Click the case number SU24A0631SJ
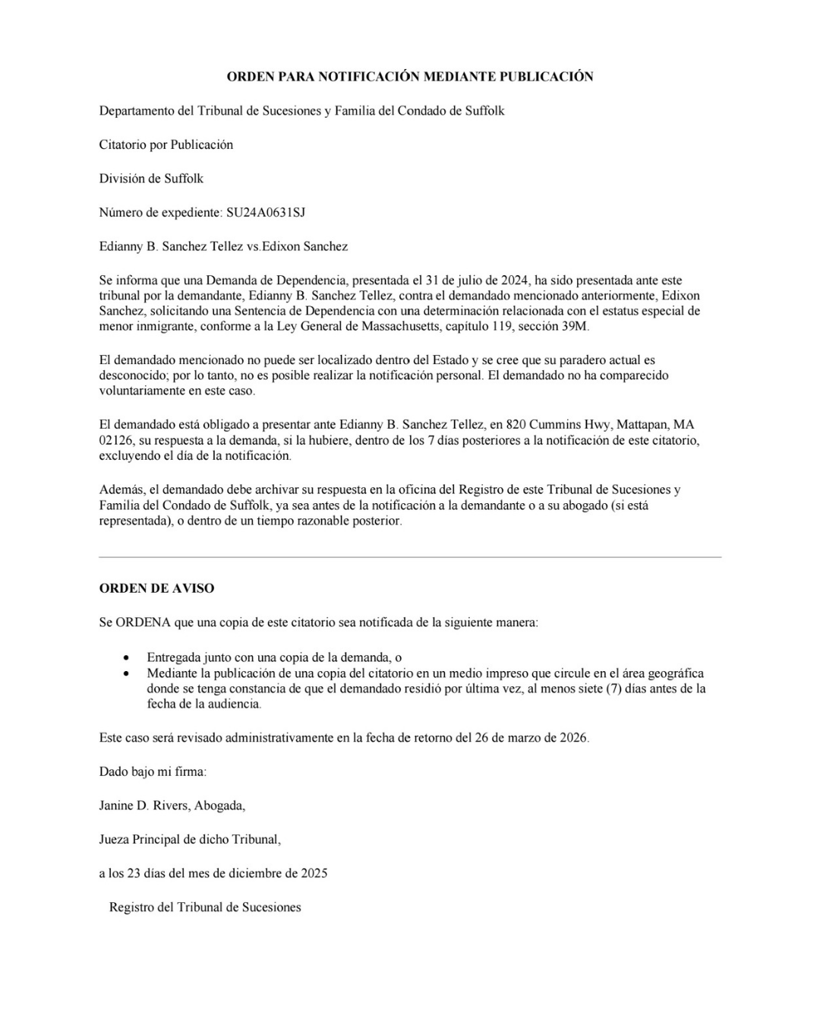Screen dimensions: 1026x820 click(x=265, y=213)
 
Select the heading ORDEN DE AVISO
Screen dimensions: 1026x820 click(x=156, y=588)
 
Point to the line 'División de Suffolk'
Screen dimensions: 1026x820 click(x=151, y=179)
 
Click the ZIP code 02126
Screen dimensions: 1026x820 click(x=115, y=441)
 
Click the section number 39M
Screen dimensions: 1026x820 click(x=574, y=327)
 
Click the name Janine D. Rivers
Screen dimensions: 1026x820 click(x=143, y=806)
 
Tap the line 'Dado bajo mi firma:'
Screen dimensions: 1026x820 click(x=153, y=771)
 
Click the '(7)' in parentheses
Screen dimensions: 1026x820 click(x=615, y=689)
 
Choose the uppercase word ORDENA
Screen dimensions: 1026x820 click(x=143, y=622)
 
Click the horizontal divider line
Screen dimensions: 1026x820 click(x=410, y=557)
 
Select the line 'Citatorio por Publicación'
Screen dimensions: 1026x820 click(x=166, y=144)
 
